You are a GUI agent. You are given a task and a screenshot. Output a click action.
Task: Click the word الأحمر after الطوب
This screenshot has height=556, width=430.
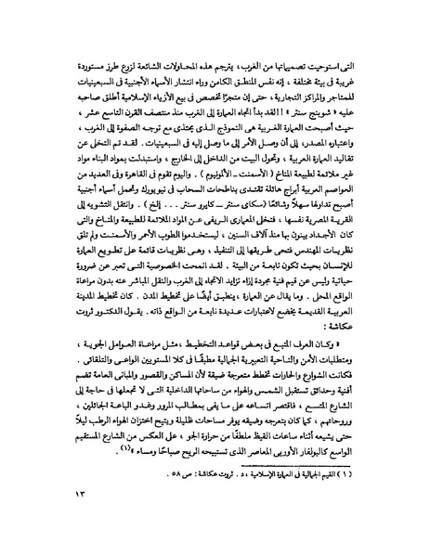[150, 245]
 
